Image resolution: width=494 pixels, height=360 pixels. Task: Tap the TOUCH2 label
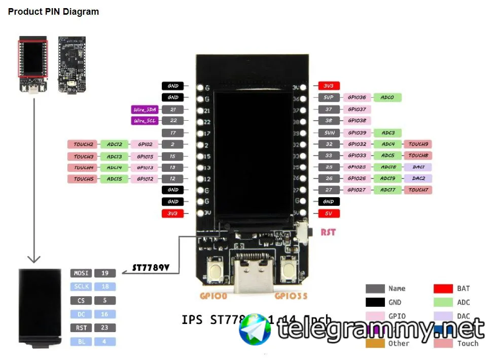point(83,145)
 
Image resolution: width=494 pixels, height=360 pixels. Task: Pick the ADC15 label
point(115,179)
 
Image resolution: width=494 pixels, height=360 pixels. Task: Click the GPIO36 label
point(357,97)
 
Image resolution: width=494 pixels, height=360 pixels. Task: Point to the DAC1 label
point(418,167)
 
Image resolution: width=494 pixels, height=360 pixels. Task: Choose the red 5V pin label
point(329,213)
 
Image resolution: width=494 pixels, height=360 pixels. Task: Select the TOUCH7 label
point(418,190)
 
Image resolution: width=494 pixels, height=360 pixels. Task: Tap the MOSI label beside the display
point(81,273)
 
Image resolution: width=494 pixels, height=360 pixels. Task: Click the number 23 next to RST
point(105,328)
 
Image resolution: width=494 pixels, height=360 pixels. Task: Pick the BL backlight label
point(81,342)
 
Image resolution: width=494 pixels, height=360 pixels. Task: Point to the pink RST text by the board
point(328,233)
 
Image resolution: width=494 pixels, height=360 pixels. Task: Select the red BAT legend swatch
point(443,289)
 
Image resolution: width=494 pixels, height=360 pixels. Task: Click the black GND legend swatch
point(375,303)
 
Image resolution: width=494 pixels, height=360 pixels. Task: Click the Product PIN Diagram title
point(53,12)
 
